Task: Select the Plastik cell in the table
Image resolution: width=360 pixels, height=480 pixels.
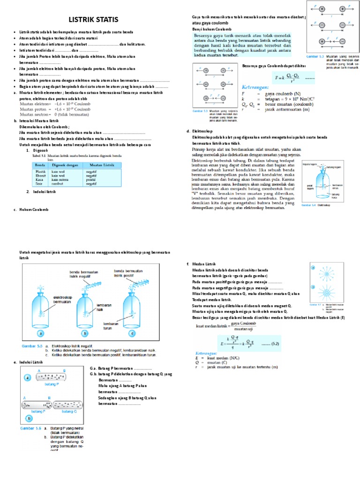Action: [x=41, y=172]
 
